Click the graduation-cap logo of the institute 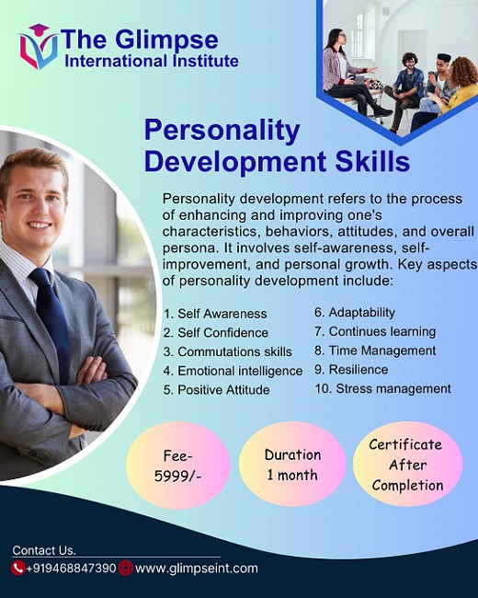click(39, 47)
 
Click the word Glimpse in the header click(166, 40)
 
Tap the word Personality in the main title click(222, 131)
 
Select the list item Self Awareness click(215, 314)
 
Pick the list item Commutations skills click(228, 351)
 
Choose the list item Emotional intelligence click(233, 371)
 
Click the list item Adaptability click(355, 313)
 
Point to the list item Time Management click(375, 351)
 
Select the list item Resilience click(351, 370)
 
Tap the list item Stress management click(382, 388)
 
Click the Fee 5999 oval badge click(178, 466)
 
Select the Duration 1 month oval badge click(292, 464)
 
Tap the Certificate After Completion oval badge click(407, 464)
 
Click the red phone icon click(17, 569)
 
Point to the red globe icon click(125, 569)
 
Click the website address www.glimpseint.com click(197, 569)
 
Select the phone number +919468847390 click(71, 569)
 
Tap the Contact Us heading click(44, 550)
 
